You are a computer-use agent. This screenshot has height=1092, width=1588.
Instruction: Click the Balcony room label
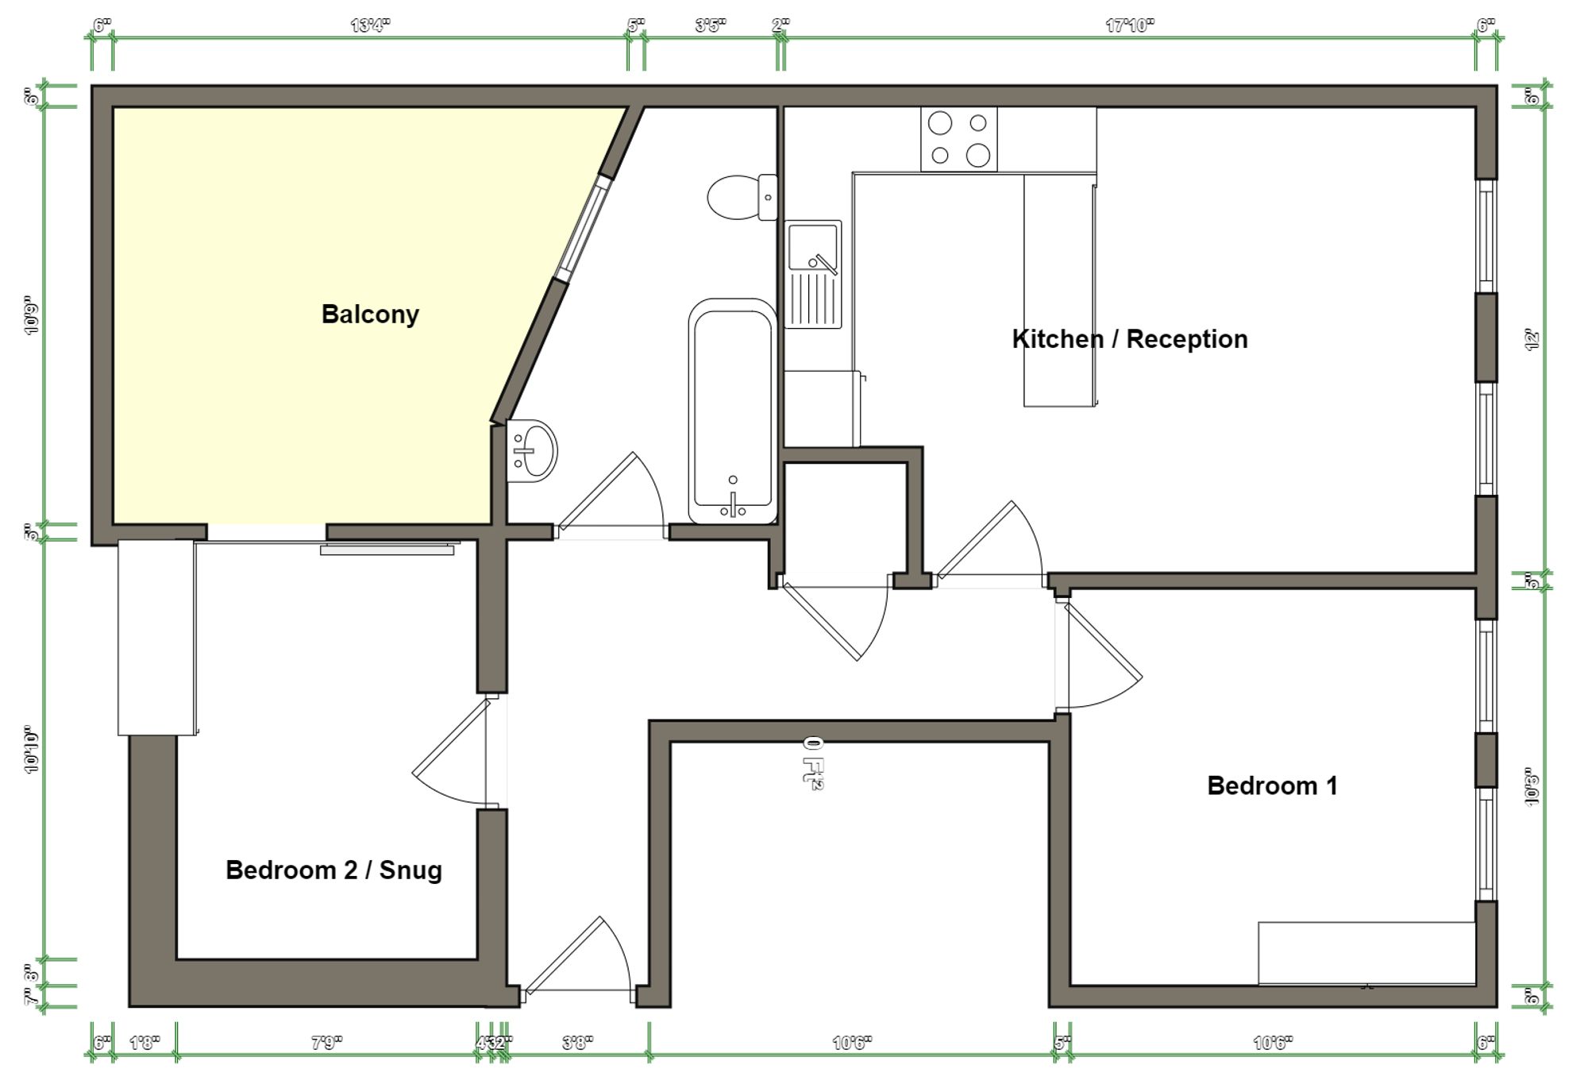pos(370,314)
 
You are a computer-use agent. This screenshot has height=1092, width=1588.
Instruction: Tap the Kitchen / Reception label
pos(1129,339)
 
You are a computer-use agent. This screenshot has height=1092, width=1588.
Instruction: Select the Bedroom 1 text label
pos(1272,785)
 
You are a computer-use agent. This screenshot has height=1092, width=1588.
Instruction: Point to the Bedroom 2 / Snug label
pos(333,870)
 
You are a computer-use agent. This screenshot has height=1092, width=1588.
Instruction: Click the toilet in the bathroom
pos(741,197)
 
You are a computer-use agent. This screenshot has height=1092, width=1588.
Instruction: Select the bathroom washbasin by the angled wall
pos(532,451)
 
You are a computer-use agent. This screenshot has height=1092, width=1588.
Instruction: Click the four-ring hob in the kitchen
pos(959,140)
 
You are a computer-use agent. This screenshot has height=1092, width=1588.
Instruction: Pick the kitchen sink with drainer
pos(813,274)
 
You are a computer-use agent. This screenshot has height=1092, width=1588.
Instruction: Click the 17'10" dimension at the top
pos(1129,25)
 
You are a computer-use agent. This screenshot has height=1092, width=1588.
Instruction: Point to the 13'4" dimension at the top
pos(370,25)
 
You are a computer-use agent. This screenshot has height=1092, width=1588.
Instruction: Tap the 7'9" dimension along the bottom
pos(326,1042)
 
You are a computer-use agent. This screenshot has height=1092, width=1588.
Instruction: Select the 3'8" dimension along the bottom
pos(577,1042)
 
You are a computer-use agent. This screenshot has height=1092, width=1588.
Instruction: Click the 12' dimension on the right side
pos(1532,340)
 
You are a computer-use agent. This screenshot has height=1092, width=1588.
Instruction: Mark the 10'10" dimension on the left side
pos(31,749)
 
